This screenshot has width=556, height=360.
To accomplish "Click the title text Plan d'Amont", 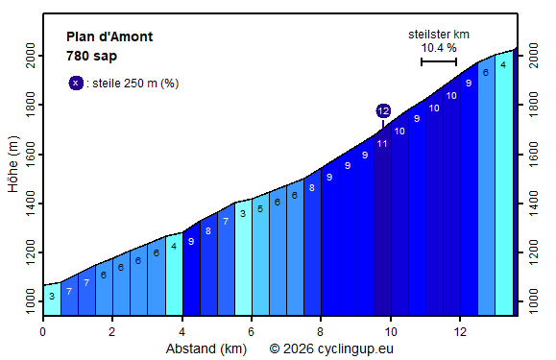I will click(x=109, y=37).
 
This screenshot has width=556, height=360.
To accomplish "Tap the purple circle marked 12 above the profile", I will click(x=383, y=111).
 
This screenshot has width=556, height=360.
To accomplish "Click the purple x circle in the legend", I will click(x=76, y=83).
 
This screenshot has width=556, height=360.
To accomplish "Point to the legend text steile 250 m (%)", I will click(x=135, y=84).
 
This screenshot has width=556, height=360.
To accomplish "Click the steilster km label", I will click(x=438, y=33).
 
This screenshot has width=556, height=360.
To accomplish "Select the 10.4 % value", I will click(x=438, y=47).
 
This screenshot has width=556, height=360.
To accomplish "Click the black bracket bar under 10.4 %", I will click(x=438, y=62).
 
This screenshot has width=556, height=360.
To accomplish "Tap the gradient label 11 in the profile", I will click(x=382, y=144).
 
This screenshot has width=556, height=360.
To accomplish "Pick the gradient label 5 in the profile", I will click(x=260, y=208).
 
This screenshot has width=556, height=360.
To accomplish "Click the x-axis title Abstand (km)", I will click(x=206, y=348).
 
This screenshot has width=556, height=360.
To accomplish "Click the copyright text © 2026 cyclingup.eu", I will click(x=331, y=348).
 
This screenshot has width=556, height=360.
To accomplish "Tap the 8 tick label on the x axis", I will click(x=321, y=331).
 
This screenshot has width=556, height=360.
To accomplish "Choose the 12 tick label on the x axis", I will click(x=460, y=331).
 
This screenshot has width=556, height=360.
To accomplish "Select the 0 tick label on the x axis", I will click(x=43, y=331).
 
